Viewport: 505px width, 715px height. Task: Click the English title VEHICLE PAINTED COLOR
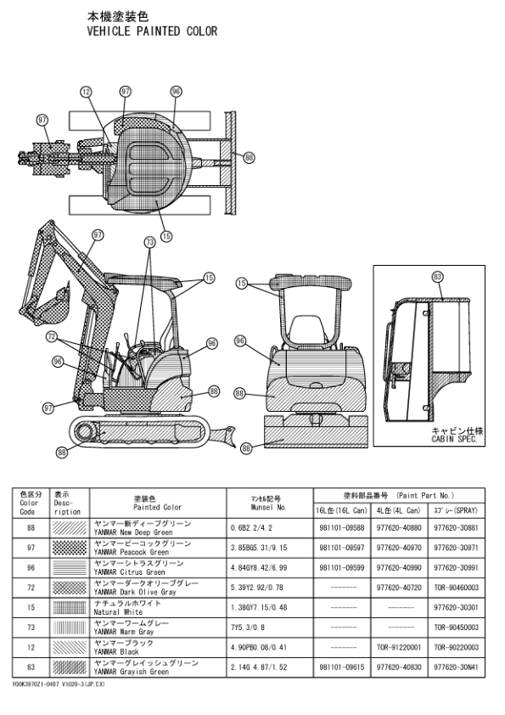coord(153,31)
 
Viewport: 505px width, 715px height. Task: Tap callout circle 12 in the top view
coord(86,92)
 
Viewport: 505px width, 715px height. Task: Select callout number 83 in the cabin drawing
coord(438,276)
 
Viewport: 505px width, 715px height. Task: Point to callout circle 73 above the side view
coord(150,242)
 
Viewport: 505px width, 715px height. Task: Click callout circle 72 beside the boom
coord(53,336)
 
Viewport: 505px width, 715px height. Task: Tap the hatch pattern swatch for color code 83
coord(70,667)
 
